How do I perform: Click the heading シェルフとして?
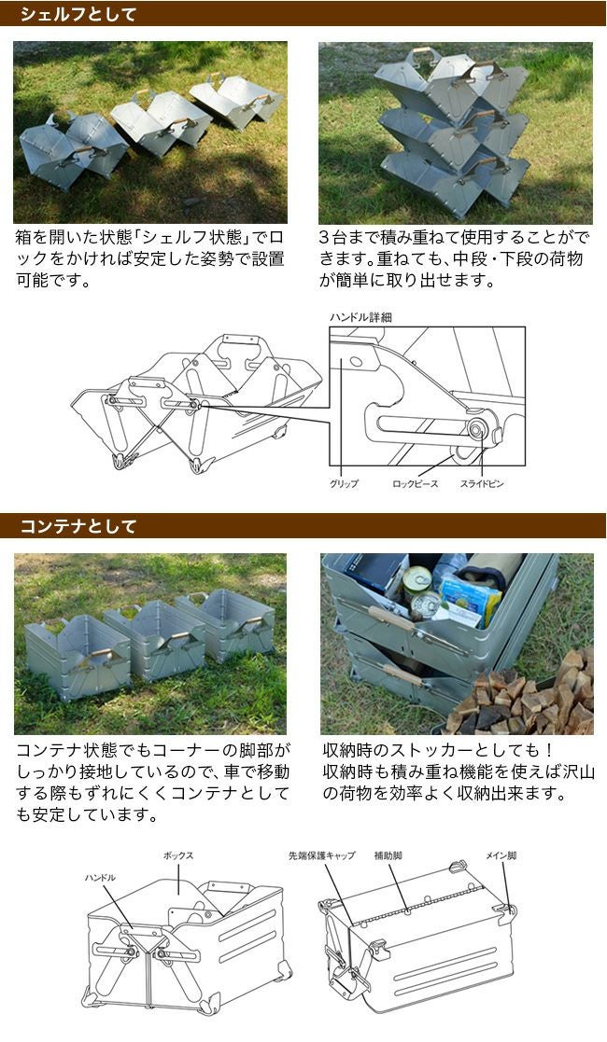(x=78, y=14)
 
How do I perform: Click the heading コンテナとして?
(x=78, y=526)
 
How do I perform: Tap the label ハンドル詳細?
(x=360, y=318)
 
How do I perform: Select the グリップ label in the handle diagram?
(x=344, y=484)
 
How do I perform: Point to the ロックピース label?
(x=416, y=484)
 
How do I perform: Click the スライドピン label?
(x=482, y=484)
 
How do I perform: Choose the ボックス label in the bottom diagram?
(x=178, y=856)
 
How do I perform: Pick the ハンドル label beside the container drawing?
(x=100, y=878)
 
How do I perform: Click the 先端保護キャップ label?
(x=322, y=856)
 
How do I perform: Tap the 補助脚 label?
(x=388, y=856)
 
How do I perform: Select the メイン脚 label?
(x=501, y=856)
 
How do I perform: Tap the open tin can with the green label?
(x=417, y=579)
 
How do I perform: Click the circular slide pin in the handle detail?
(x=476, y=429)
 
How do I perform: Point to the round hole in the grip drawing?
(x=356, y=363)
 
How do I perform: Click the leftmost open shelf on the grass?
(x=72, y=149)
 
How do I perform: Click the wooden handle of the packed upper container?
(x=388, y=617)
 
